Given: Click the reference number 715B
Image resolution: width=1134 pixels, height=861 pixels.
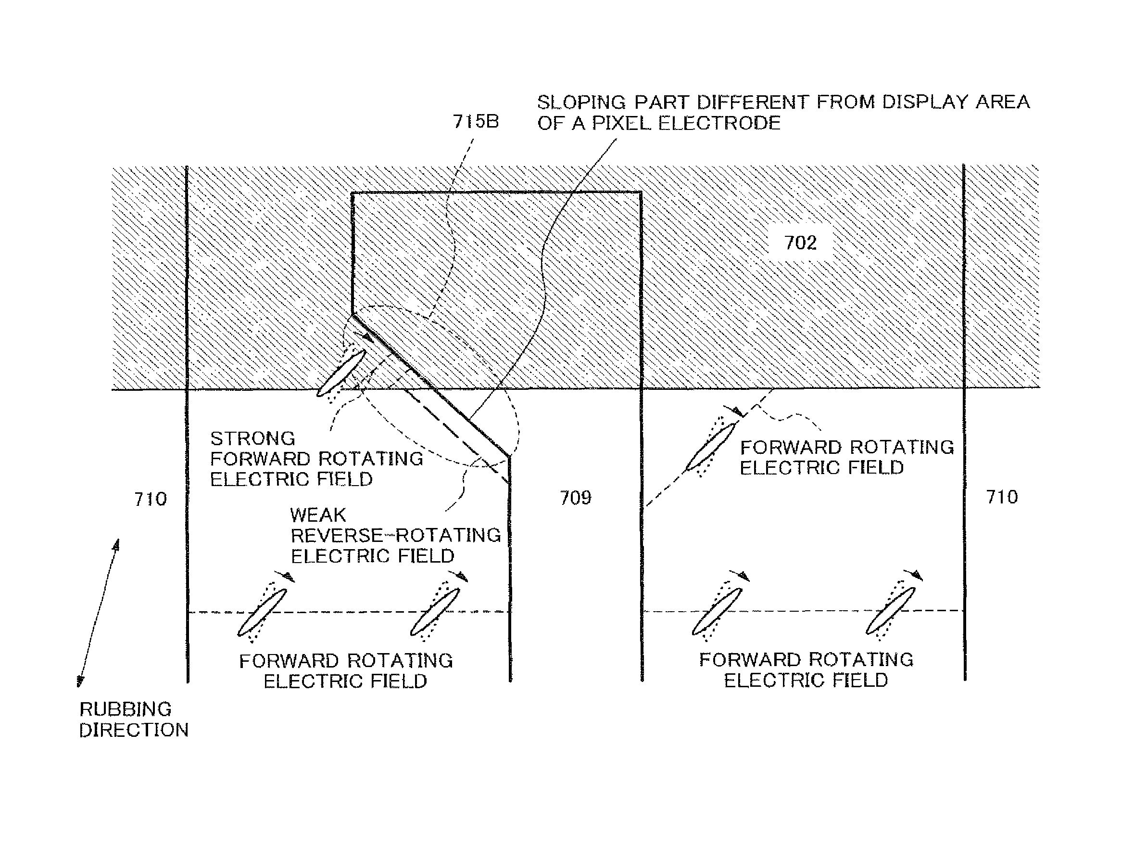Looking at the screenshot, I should [x=475, y=122].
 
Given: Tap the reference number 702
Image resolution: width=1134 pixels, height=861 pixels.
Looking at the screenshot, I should [x=800, y=243].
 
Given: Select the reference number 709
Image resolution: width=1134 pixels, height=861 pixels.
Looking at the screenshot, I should [x=575, y=498].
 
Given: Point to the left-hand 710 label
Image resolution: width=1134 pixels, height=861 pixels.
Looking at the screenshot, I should [x=150, y=499].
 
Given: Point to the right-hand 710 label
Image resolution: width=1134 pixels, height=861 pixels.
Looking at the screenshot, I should [x=1002, y=497].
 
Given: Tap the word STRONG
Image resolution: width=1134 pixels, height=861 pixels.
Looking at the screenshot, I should [x=253, y=439].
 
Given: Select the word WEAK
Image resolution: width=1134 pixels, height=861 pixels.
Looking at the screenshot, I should [x=318, y=514].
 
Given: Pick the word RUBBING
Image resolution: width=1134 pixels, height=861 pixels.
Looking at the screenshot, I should [x=126, y=709].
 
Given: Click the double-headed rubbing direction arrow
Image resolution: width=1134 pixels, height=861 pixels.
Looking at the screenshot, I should [x=98, y=613].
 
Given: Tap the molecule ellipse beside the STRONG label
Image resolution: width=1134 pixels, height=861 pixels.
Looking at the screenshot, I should [x=341, y=373].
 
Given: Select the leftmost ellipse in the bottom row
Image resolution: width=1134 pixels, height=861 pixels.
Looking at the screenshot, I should [x=262, y=613].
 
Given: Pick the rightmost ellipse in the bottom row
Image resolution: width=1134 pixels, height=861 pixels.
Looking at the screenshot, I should [x=891, y=611].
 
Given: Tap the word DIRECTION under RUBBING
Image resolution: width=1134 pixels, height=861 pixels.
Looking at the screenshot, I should [x=134, y=730].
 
